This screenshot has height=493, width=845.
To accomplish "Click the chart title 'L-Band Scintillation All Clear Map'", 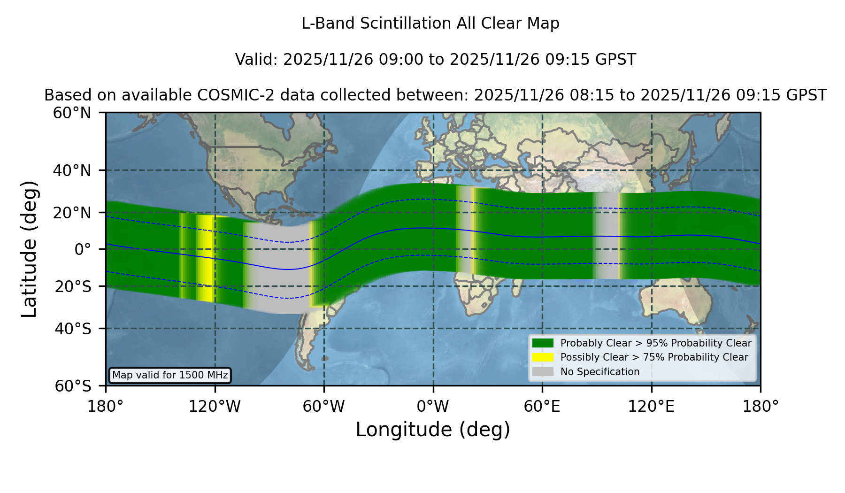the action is point(430,23).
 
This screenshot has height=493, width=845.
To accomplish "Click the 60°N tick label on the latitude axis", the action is point(72,113).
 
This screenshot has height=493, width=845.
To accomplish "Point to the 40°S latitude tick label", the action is point(73,329).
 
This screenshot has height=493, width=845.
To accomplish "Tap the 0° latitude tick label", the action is point(83,249).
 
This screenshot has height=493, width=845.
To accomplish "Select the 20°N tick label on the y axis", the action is point(72,213).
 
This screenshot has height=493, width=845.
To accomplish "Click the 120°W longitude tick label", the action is point(215,407).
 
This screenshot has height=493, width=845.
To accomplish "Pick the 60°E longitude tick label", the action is point(542,407).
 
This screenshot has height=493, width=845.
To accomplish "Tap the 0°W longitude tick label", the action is point(433,407).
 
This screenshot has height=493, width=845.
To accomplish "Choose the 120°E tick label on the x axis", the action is point(651,407).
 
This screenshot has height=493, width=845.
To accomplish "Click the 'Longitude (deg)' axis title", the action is point(433,430).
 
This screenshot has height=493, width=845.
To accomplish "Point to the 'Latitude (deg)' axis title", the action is point(29,249).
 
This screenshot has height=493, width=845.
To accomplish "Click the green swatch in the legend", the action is point(543,343).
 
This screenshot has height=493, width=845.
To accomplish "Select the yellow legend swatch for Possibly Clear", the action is point(543,357).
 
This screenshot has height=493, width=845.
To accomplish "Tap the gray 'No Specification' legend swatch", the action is point(543,372).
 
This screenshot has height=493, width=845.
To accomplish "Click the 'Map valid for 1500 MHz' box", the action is point(170,375).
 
